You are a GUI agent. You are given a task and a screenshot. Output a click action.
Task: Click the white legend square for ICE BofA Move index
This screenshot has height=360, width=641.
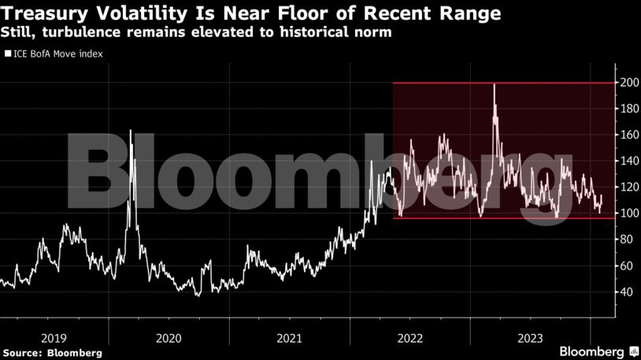tap(8, 54)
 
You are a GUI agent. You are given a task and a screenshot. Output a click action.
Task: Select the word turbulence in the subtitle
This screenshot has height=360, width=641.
tap(69, 33)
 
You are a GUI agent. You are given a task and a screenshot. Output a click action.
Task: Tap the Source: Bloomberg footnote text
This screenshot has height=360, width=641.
tap(52, 352)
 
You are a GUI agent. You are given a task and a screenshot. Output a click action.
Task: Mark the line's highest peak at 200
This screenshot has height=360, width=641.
tap(494, 84)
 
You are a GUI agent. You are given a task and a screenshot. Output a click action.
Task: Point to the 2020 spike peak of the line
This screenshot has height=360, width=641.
tap(130, 131)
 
